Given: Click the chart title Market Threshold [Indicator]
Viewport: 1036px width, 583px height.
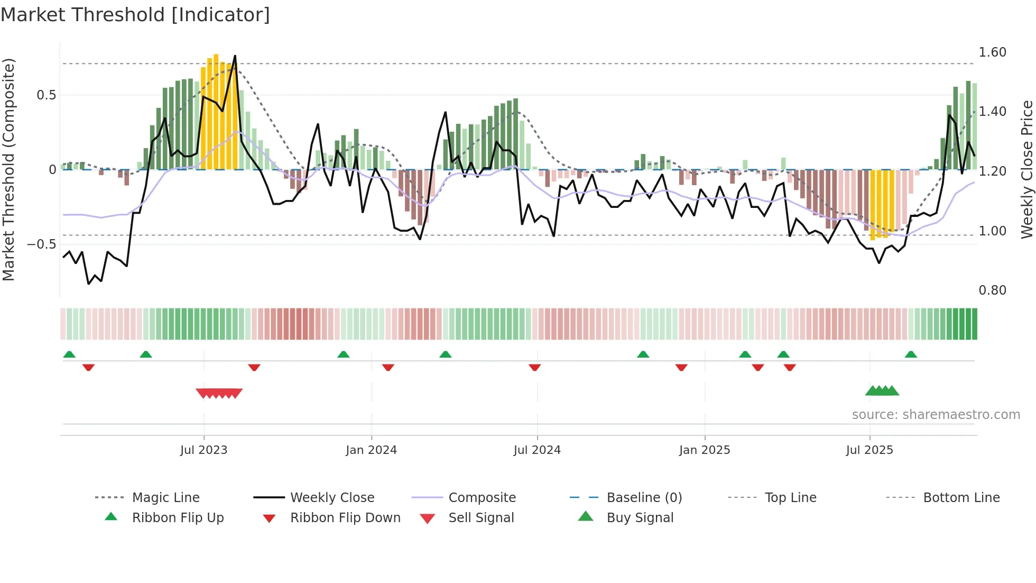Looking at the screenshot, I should point(135,15).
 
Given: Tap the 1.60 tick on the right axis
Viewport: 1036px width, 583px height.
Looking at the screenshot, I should point(992,52).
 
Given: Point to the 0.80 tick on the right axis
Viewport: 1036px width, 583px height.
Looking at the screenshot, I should point(992,290).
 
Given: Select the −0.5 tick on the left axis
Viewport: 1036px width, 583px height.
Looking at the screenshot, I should point(41,244).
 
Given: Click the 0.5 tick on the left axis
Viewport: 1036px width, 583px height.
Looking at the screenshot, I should point(46,95).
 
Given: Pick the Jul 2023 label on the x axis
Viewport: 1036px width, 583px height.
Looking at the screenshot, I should point(203,450).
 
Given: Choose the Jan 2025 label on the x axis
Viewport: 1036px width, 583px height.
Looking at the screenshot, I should point(704,450).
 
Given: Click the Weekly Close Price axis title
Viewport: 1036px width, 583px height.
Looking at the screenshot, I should point(1026,169).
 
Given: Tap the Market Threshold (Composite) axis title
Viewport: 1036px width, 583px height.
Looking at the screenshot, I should point(8,169).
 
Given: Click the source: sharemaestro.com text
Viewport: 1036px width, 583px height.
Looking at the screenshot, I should point(936,415).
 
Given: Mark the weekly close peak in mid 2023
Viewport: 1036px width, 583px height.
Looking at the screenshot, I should point(235,56).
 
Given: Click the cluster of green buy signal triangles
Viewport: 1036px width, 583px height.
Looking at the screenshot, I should point(882,391).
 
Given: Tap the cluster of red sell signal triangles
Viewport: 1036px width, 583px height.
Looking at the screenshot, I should point(219,394).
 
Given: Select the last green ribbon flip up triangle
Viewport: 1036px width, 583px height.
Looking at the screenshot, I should point(911,354).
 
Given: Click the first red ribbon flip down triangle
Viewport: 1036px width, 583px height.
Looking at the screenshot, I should point(88,367).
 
